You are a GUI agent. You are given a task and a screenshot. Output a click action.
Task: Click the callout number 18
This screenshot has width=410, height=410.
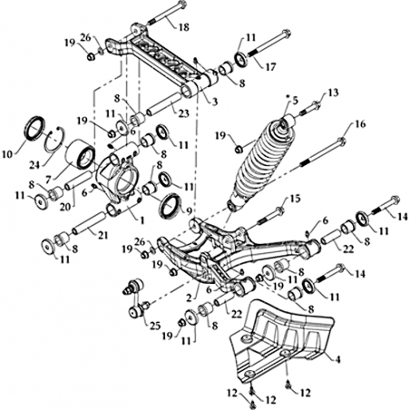click(x=183, y=27)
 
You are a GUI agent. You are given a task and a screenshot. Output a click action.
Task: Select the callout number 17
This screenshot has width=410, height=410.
click(x=270, y=67)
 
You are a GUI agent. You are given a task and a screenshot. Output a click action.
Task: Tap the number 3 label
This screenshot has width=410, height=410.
click(x=214, y=102)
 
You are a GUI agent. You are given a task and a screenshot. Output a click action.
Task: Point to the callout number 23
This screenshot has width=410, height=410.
click(x=183, y=113)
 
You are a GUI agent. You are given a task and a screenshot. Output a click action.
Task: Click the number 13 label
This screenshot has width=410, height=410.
click(x=333, y=93)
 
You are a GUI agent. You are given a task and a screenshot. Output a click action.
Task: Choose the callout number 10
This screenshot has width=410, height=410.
click(x=7, y=154)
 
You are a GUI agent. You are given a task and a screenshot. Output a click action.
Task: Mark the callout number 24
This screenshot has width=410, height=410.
click(x=35, y=165)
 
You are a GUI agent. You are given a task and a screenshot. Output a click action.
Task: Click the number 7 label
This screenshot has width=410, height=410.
click(x=48, y=180)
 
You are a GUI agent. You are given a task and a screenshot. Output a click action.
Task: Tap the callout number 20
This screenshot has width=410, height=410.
click(x=65, y=207)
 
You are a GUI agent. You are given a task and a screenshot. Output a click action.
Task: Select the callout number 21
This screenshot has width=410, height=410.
click(x=102, y=235)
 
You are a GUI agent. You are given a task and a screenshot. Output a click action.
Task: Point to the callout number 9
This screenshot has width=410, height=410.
click(x=189, y=211)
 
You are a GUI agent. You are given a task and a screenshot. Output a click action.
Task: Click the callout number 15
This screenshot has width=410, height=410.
click(x=295, y=199)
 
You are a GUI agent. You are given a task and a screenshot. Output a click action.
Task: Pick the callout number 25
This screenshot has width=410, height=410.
click(x=154, y=327)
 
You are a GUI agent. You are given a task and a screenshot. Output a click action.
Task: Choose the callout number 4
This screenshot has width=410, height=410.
click(x=337, y=359)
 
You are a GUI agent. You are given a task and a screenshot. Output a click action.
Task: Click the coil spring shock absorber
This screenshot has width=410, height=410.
click(x=261, y=161)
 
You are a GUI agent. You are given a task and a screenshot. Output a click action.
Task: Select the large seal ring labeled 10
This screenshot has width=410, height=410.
click(x=34, y=128)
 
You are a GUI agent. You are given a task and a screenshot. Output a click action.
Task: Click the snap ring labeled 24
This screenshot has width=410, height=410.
click(x=54, y=140)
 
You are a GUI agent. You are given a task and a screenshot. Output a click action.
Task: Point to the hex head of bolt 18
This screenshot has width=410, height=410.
click(x=181, y=5)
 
